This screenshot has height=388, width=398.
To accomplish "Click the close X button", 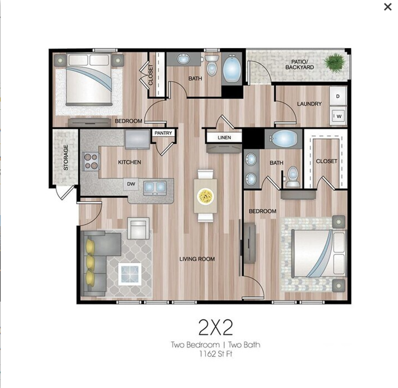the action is click(388, 7).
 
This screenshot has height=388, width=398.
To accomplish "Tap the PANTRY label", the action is click(163, 133).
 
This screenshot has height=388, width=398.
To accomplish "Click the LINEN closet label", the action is click(224, 138).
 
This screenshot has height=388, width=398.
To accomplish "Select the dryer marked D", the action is click(338, 96).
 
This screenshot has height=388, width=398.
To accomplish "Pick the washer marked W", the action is click(338, 116).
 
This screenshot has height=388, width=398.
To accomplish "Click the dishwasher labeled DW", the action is click(131, 184).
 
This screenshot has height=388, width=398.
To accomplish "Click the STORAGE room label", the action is click(66, 157).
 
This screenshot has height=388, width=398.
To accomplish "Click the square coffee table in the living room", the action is click(129, 274).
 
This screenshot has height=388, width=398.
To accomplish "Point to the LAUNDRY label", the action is click(309, 104).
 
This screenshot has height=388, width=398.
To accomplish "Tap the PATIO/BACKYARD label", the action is click(300, 65).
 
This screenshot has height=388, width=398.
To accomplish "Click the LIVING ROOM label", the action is click(197, 259).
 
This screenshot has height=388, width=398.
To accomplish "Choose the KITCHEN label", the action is click(129, 162).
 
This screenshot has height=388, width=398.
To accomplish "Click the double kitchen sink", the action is click(155, 188).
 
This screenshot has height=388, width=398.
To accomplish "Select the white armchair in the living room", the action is click(138, 228).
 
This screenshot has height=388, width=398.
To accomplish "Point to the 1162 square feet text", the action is click(216, 354).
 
